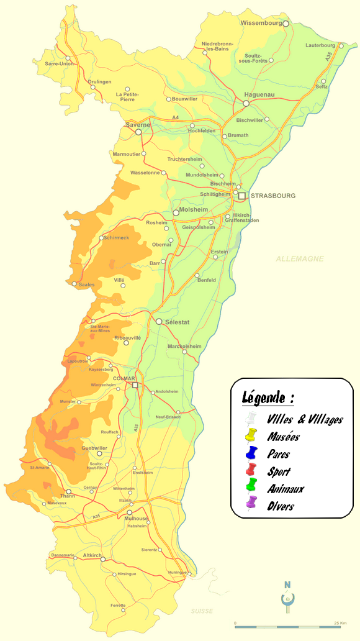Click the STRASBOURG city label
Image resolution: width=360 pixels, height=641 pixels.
273,196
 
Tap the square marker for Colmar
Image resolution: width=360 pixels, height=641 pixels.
135,386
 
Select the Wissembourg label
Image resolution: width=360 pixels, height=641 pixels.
261,23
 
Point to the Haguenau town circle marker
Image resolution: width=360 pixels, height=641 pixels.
246,103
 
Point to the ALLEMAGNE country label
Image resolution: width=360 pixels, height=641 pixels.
300,258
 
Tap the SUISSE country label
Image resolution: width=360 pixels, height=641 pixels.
202,611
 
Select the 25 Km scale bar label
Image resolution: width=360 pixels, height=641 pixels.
340,623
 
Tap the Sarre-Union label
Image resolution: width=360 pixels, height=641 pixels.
60,63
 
